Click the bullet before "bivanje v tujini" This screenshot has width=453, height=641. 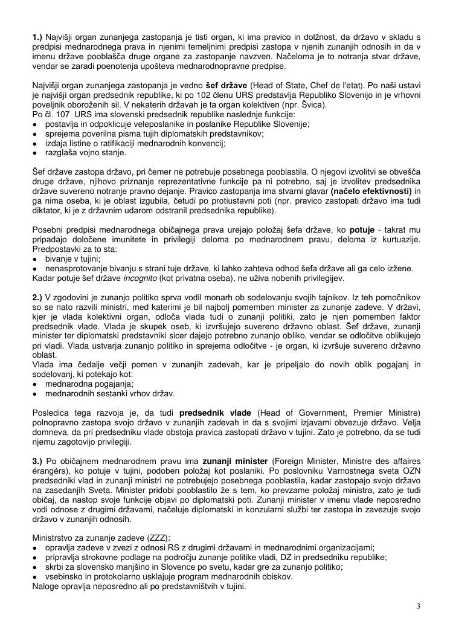[x=36, y=259]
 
